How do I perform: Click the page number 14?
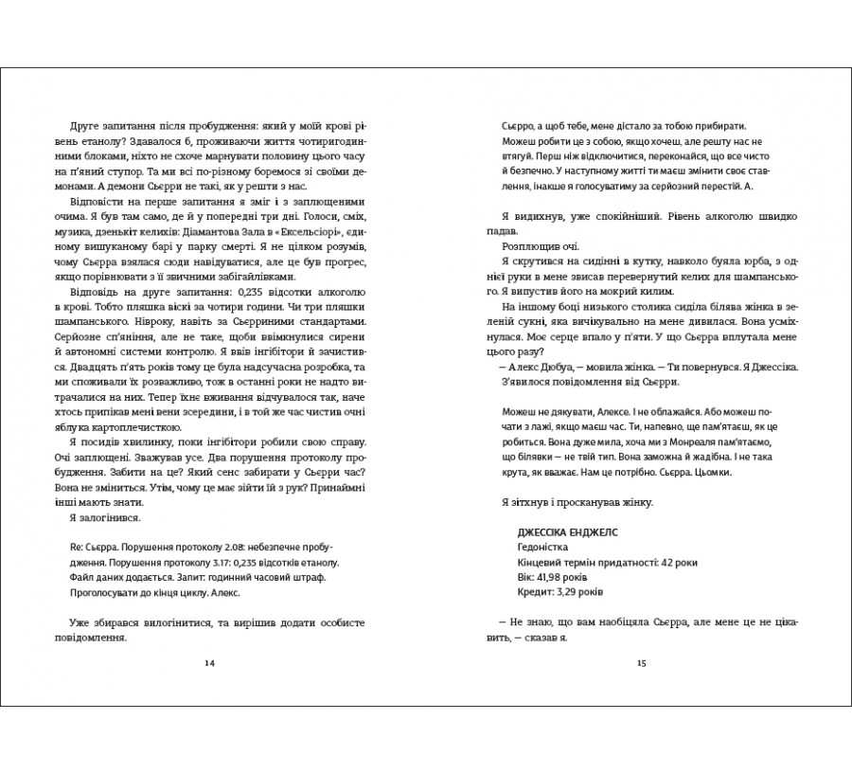coord(209,661)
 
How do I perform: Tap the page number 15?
coord(641,661)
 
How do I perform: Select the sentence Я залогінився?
coord(105,518)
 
